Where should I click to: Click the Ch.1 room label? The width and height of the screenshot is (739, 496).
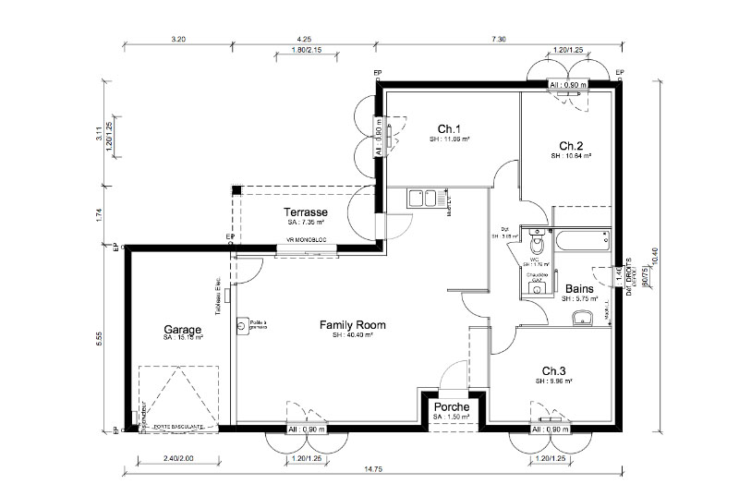point(449,128)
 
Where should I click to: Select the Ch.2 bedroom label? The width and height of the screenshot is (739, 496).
point(571,145)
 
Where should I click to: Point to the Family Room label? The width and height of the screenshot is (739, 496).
point(352,325)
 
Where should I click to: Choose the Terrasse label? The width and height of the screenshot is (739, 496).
point(306,212)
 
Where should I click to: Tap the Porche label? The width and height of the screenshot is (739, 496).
point(451,406)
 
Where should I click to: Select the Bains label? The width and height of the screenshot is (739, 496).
point(579,288)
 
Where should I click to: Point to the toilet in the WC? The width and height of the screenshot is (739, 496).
point(537,245)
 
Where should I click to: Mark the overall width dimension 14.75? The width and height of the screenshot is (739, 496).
point(373,470)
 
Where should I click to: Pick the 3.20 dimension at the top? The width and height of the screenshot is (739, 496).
point(179,40)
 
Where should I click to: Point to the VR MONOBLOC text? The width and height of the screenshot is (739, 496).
point(306,241)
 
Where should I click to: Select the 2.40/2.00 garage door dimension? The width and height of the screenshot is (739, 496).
point(177,457)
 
